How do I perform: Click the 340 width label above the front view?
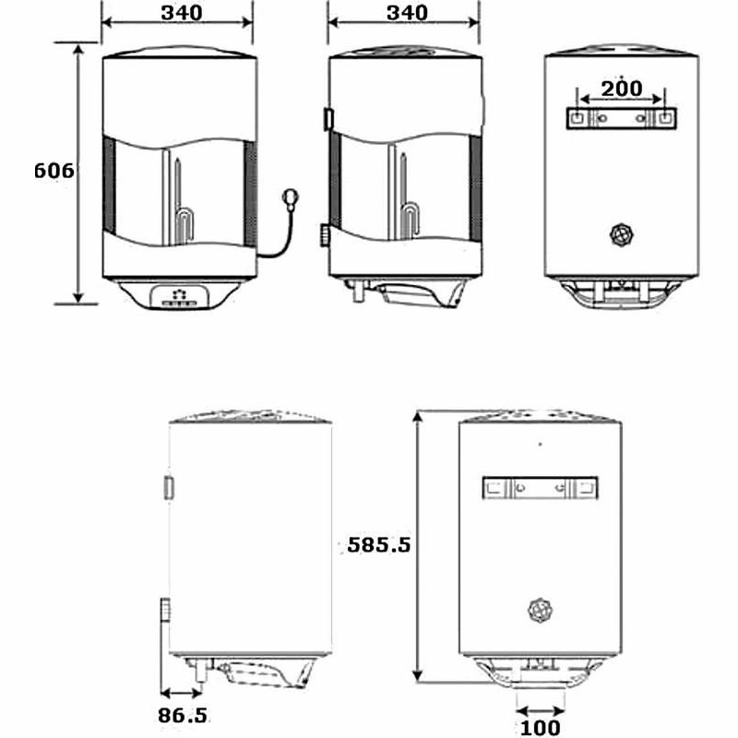[177, 12]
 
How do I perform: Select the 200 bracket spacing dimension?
[623, 89]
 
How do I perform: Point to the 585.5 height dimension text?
[378, 544]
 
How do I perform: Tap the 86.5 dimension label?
[181, 715]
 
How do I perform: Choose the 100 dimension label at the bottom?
[540, 728]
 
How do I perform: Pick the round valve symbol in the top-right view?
[623, 234]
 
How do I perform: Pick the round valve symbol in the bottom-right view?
[540, 610]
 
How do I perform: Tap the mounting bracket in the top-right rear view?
[623, 118]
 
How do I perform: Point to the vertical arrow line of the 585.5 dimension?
[420, 544]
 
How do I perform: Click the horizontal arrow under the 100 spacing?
[540, 710]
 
